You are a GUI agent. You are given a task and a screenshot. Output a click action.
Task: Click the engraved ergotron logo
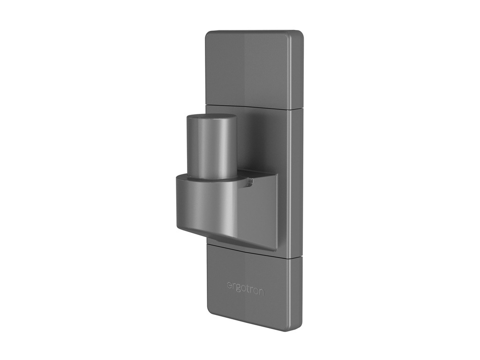[245, 288]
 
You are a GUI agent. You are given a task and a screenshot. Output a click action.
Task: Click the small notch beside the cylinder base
[250, 182]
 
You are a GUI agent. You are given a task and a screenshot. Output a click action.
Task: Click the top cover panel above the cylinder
[248, 68]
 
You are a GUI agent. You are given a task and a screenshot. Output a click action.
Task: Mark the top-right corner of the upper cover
[300, 34]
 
